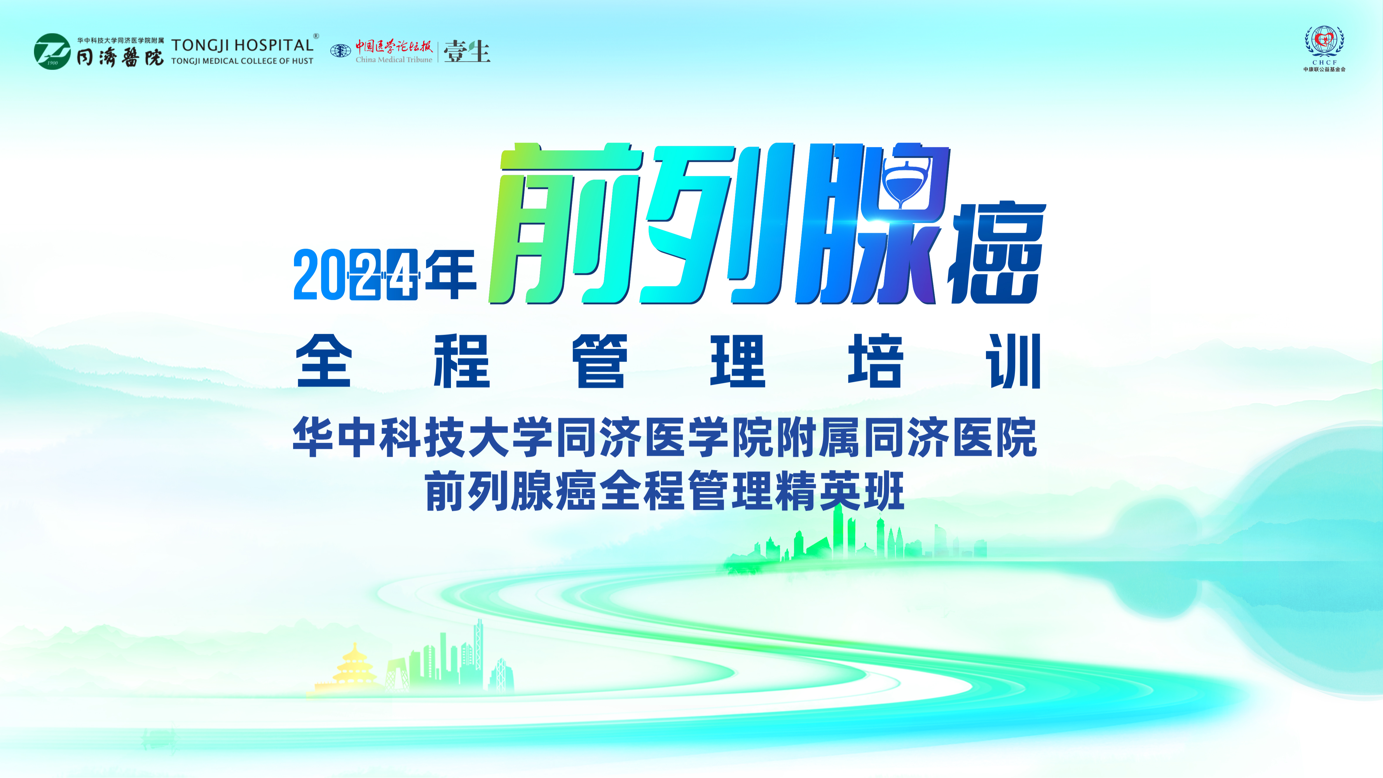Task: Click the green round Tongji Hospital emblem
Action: [x=52, y=52]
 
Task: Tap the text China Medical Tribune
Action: [x=394, y=60]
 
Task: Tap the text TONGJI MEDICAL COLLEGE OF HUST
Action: [x=242, y=61]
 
